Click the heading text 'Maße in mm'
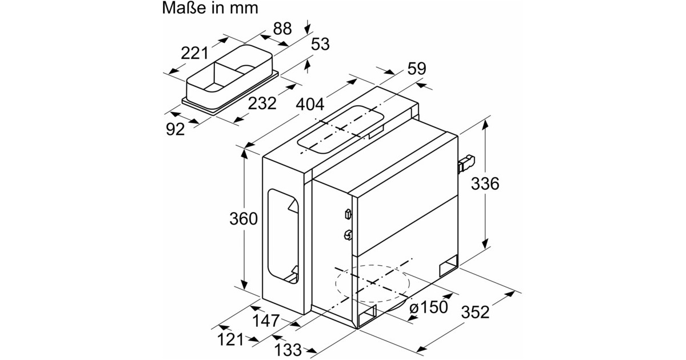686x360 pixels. pos(210,8)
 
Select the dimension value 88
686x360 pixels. pos(282,29)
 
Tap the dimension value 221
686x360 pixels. pos(194,53)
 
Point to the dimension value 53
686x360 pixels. pos(320,44)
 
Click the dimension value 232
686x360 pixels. pos(262,103)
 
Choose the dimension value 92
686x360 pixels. pos(176,129)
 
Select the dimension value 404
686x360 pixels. pos(310,105)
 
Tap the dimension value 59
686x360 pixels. pos(417,69)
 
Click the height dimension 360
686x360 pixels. pos(244,219)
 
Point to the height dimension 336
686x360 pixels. pos(485,183)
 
